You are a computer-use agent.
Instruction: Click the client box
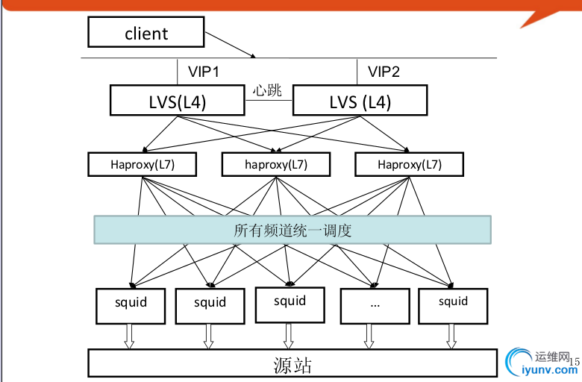145,33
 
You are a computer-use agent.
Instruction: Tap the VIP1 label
204,72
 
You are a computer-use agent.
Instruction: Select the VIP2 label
384,72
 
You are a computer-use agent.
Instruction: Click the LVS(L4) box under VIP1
178,101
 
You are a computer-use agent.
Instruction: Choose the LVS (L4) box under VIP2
360,101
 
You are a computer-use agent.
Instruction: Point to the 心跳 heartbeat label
267,91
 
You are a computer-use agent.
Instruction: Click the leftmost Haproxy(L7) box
142,164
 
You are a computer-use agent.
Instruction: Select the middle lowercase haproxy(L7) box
275,164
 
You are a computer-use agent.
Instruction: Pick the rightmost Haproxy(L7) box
409,164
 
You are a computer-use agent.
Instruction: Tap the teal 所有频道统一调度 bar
292,230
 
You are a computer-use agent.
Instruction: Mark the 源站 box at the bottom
292,363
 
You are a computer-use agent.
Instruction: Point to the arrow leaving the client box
231,44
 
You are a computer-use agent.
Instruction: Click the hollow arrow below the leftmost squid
129,336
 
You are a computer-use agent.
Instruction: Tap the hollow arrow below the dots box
369,336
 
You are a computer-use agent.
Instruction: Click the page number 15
574,363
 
